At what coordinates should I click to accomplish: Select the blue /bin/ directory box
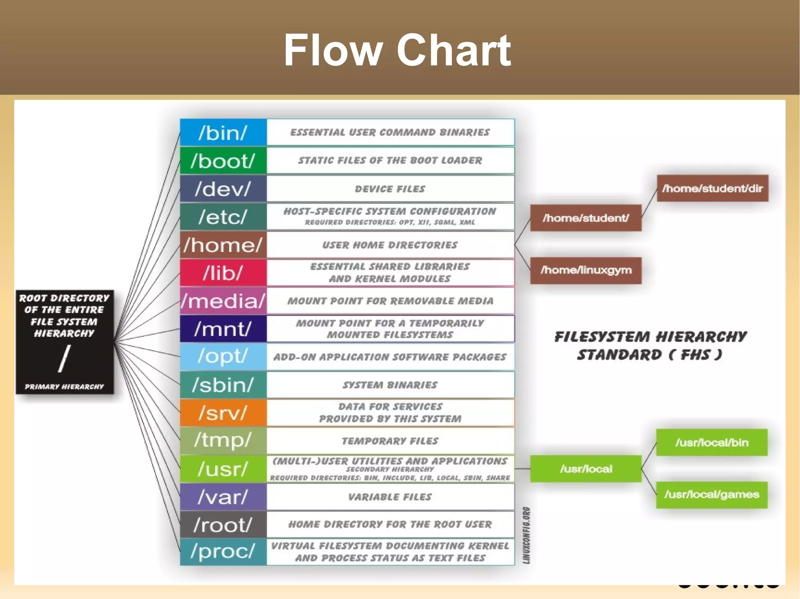click(x=223, y=133)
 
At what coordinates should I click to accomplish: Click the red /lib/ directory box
click(x=223, y=273)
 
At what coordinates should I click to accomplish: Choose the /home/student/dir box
click(x=712, y=188)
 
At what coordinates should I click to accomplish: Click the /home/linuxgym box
click(x=586, y=270)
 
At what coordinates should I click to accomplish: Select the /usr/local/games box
click(x=712, y=495)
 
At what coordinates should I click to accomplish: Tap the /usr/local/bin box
click(x=712, y=443)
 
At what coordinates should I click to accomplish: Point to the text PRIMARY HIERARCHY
click(x=64, y=387)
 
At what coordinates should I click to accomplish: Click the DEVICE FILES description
click(x=390, y=189)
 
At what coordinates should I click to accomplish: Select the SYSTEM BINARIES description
click(x=390, y=385)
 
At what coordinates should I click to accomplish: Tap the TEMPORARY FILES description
click(x=390, y=441)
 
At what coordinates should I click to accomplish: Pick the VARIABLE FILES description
click(x=390, y=497)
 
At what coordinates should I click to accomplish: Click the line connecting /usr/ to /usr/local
click(x=522, y=469)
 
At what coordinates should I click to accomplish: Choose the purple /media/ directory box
click(x=223, y=301)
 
